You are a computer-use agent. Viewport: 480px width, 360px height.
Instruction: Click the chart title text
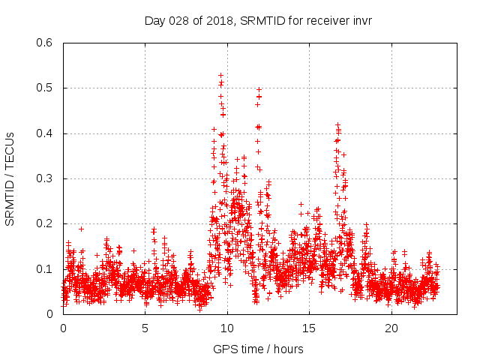pyautogui.click(x=258, y=20)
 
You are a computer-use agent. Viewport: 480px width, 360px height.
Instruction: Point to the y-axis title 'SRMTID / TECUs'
pyautogui.click(x=10, y=178)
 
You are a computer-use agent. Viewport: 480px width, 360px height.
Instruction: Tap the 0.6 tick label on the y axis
pyautogui.click(x=46, y=43)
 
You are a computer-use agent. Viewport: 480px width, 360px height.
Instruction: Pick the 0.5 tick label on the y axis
pyautogui.click(x=46, y=88)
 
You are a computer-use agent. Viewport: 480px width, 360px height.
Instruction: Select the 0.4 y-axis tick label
pyautogui.click(x=46, y=133)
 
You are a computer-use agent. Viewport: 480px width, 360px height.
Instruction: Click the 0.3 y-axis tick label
pyautogui.click(x=46, y=178)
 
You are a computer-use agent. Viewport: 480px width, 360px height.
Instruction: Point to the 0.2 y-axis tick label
pyautogui.click(x=46, y=223)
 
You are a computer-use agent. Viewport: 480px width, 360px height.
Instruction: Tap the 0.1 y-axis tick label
pyautogui.click(x=46, y=269)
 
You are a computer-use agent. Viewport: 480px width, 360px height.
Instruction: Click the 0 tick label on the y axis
pyautogui.click(x=50, y=314)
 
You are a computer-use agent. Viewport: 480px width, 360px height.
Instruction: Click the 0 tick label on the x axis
pyautogui.click(x=63, y=328)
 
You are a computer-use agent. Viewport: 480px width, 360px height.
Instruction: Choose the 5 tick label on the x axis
pyautogui.click(x=145, y=328)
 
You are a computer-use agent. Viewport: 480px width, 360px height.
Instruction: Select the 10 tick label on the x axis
pyautogui.click(x=227, y=328)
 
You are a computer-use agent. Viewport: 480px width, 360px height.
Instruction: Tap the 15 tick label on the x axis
pyautogui.click(x=310, y=328)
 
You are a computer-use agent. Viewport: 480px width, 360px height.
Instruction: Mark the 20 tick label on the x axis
pyautogui.click(x=391, y=328)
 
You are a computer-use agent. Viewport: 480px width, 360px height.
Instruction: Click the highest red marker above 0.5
pyautogui.click(x=220, y=75)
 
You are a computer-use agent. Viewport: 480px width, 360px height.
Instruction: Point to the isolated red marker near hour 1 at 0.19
pyautogui.click(x=81, y=229)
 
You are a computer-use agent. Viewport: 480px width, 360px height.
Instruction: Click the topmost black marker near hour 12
pyautogui.click(x=259, y=89)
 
